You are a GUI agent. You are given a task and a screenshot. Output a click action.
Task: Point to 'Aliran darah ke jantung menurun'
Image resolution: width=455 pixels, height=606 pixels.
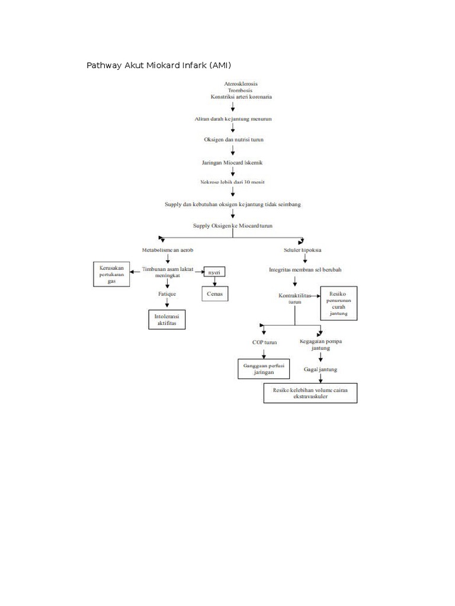click(x=233, y=119)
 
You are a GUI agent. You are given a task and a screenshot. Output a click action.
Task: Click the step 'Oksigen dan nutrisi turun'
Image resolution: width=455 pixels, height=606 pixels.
click(x=233, y=140)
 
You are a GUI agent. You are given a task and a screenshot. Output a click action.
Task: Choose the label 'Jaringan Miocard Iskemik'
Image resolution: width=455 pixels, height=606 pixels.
click(x=233, y=162)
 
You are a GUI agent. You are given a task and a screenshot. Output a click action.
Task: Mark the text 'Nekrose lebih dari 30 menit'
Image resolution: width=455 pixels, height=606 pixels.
click(x=233, y=182)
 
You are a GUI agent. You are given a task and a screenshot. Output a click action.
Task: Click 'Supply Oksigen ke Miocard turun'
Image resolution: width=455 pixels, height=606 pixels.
click(x=233, y=225)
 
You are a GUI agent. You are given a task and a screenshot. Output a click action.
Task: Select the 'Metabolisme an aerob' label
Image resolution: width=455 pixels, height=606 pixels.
click(x=168, y=250)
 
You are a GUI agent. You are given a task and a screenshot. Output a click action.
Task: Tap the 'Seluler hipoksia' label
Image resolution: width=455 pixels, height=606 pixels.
click(x=303, y=250)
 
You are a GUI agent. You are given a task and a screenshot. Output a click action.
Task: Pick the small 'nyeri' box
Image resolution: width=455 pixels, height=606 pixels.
click(x=214, y=272)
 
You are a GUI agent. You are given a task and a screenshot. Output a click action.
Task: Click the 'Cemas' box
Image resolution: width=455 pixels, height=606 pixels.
click(x=214, y=294)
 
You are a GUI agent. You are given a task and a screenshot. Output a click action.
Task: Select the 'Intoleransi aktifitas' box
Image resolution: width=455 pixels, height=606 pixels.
click(x=166, y=320)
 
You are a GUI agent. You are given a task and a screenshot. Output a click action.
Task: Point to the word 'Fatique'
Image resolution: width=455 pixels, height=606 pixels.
click(x=167, y=294)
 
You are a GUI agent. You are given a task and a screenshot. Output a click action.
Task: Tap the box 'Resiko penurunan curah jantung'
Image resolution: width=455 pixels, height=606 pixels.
click(x=338, y=304)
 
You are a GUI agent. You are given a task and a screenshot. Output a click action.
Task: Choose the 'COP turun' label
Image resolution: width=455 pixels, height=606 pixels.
click(x=264, y=342)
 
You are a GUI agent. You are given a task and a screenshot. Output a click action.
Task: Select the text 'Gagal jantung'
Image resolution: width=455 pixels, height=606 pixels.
click(x=321, y=369)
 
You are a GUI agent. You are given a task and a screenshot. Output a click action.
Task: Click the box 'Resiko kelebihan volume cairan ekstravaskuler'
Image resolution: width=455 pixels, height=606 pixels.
click(x=310, y=394)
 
